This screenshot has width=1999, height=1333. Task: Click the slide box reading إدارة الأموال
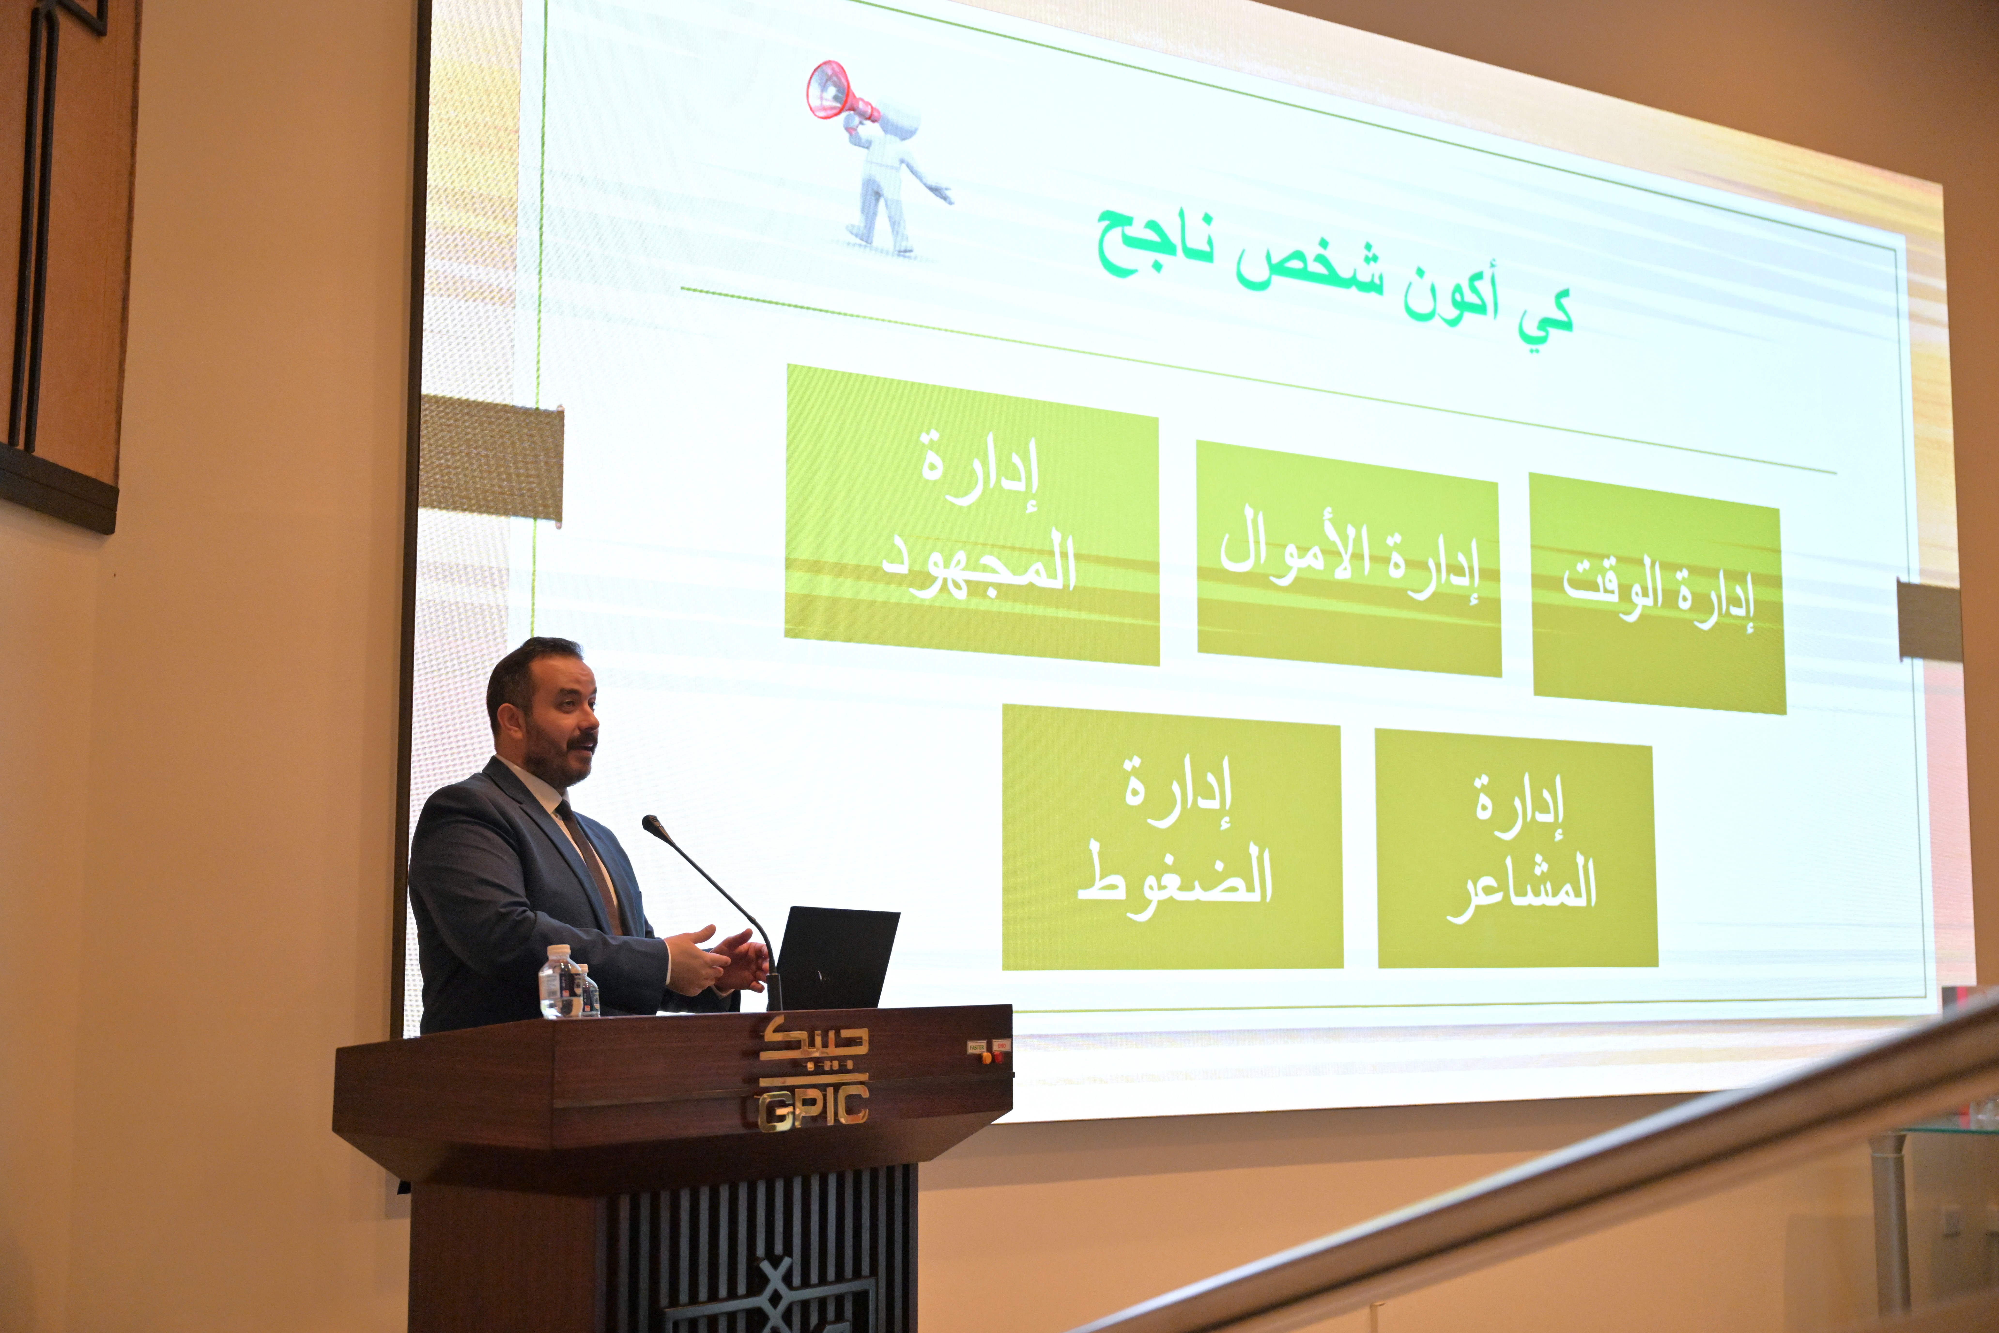point(1348,558)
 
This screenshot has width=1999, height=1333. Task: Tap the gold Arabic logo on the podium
point(813,1046)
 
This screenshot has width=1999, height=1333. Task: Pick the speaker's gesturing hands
point(716,961)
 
